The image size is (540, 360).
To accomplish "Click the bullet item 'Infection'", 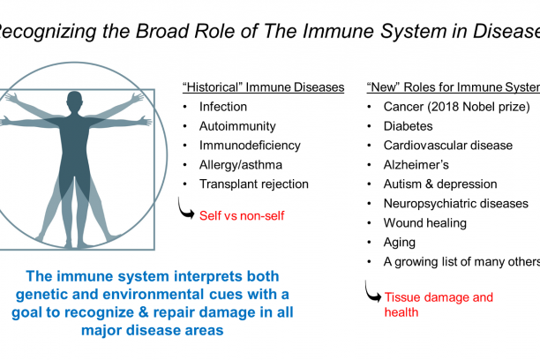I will coord(224,107).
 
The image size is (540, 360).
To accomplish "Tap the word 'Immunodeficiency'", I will coord(250,146).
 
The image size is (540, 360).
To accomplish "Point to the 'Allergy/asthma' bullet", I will coord(242,165).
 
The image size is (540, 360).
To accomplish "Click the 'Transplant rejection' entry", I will coord(254,184).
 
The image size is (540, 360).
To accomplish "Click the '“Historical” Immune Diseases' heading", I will coord(263,87).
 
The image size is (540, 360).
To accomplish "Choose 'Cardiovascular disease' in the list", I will coord(446,146).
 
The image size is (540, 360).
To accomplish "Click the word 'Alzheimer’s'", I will coord(416,165).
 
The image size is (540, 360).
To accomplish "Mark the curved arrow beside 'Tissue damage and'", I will coord(372,292).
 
